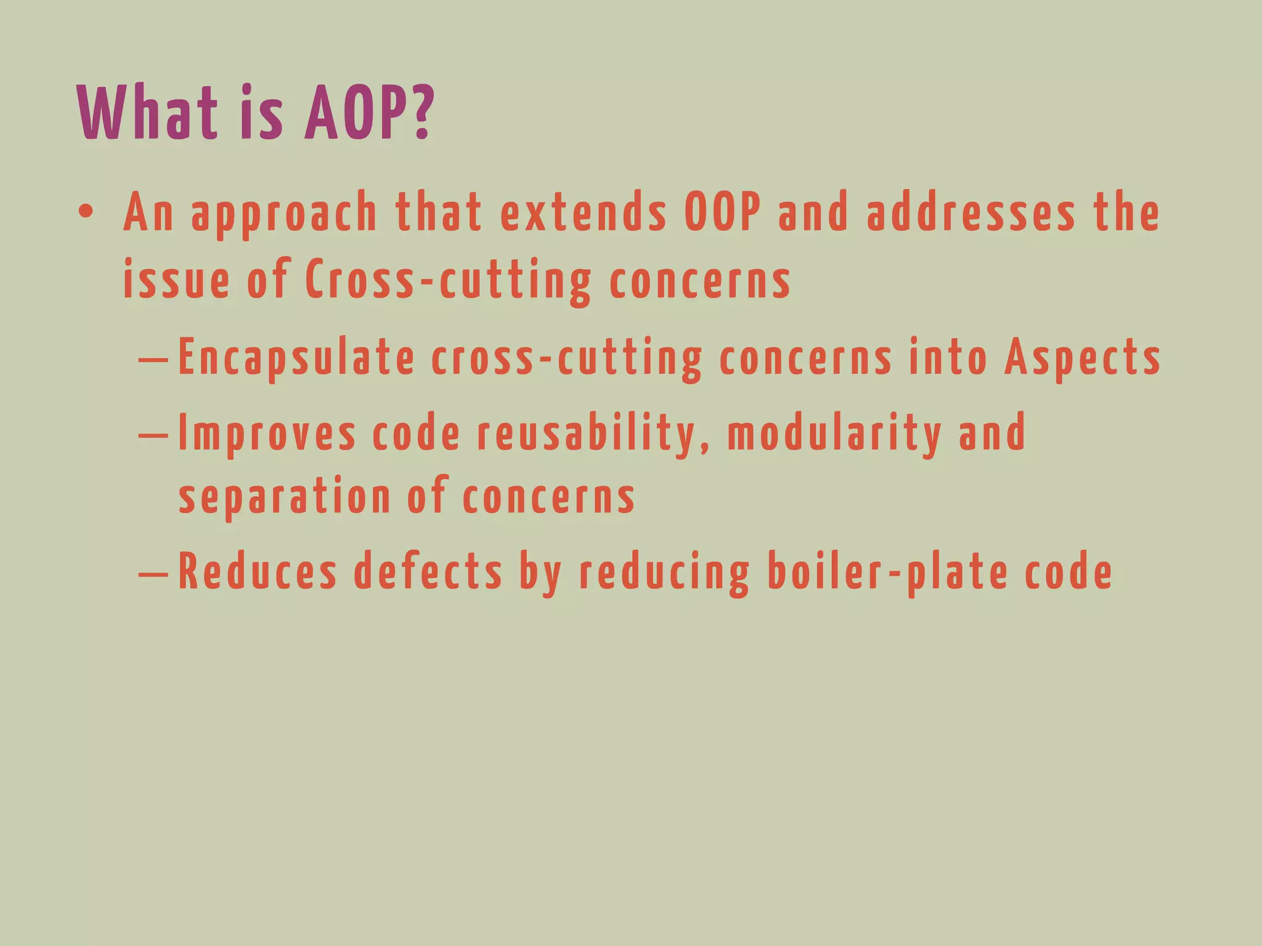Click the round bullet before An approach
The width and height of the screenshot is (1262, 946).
click(x=86, y=212)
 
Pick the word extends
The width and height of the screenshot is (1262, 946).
click(x=583, y=212)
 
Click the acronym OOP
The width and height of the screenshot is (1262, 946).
click(x=723, y=212)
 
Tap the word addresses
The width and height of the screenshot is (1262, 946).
click(x=971, y=212)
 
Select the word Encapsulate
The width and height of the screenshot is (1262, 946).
click(x=296, y=358)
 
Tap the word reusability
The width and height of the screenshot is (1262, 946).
click(x=592, y=434)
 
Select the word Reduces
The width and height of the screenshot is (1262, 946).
click(x=258, y=572)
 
